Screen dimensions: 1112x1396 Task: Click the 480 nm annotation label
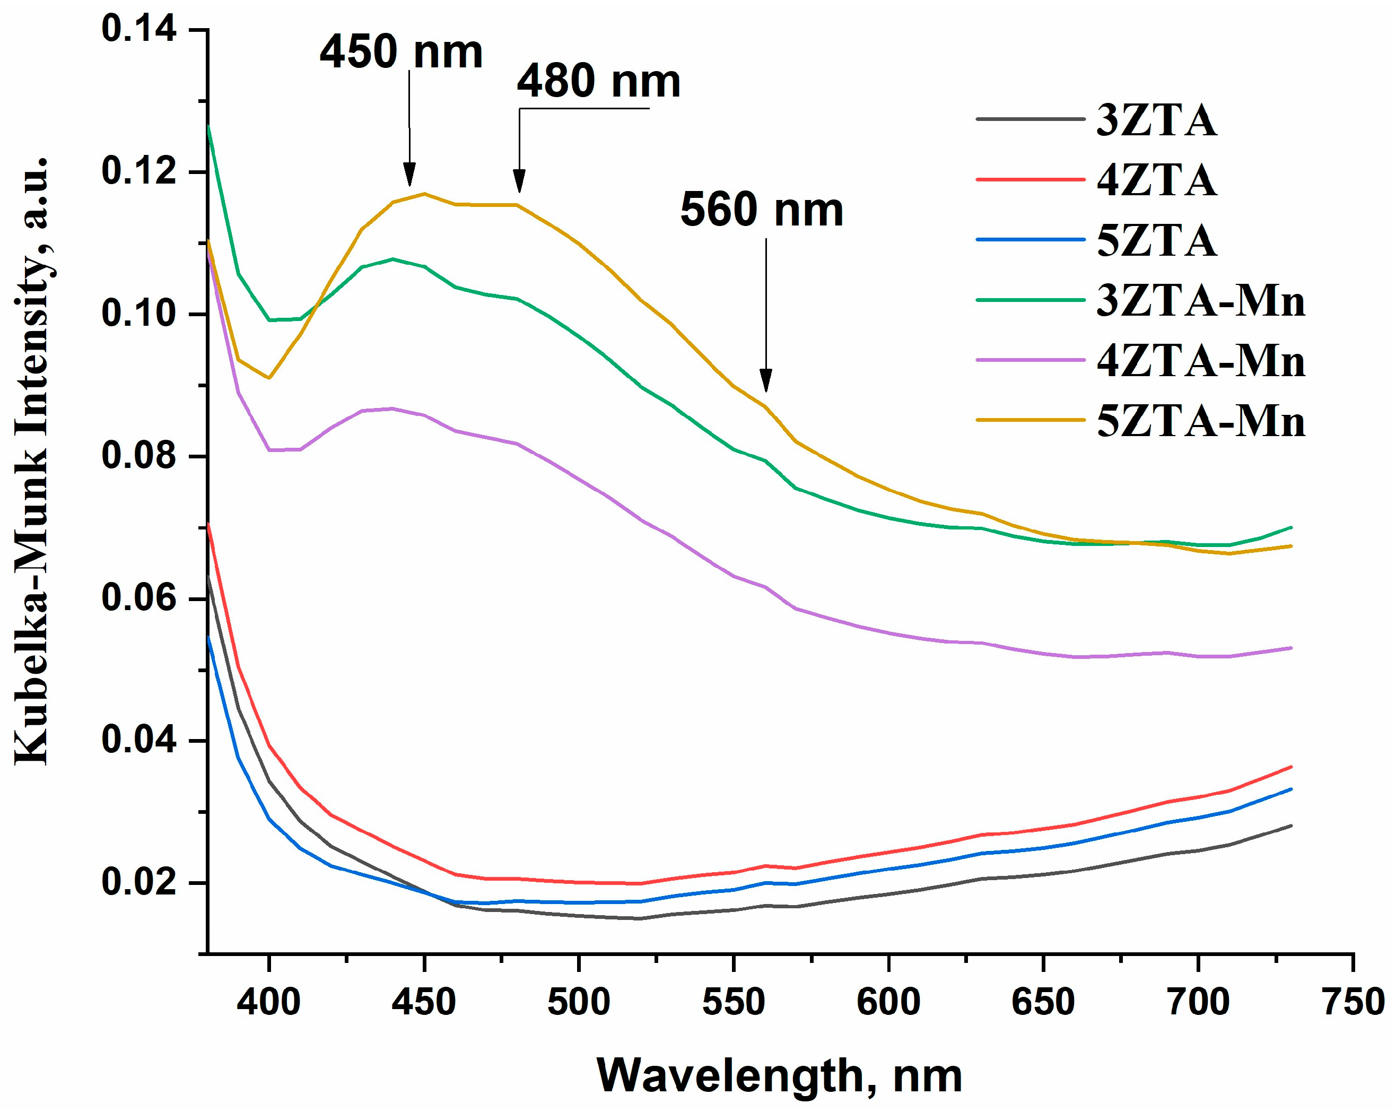598,82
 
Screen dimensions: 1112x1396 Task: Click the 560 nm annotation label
762,211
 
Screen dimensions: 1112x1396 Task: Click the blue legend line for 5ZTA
1029,240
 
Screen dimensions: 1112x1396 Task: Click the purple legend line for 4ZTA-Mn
1029,360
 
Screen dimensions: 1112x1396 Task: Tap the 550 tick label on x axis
733,1003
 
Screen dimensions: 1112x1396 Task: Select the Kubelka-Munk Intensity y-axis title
32,460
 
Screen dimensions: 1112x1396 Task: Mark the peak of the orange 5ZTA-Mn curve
424,194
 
